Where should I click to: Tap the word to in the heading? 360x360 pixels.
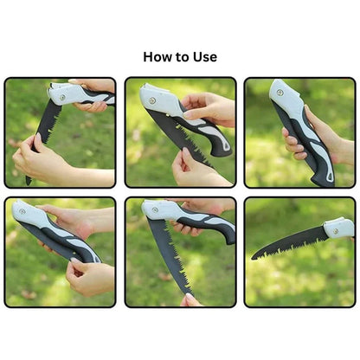(185, 57)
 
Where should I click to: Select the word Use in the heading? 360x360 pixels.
(206, 57)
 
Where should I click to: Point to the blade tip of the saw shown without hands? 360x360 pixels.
(254, 256)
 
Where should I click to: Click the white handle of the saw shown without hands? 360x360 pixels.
(339, 228)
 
